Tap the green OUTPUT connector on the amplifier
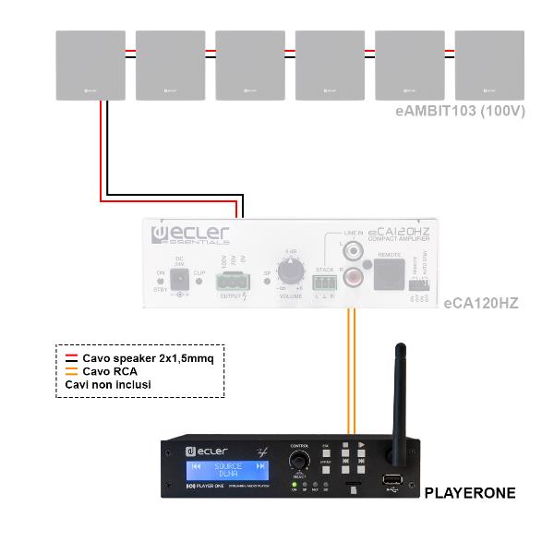[x=232, y=278]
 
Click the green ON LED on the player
[x=294, y=484]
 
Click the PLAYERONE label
[x=469, y=494]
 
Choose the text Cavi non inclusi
[x=107, y=384]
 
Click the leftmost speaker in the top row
[x=90, y=65]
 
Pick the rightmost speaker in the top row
[x=489, y=65]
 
